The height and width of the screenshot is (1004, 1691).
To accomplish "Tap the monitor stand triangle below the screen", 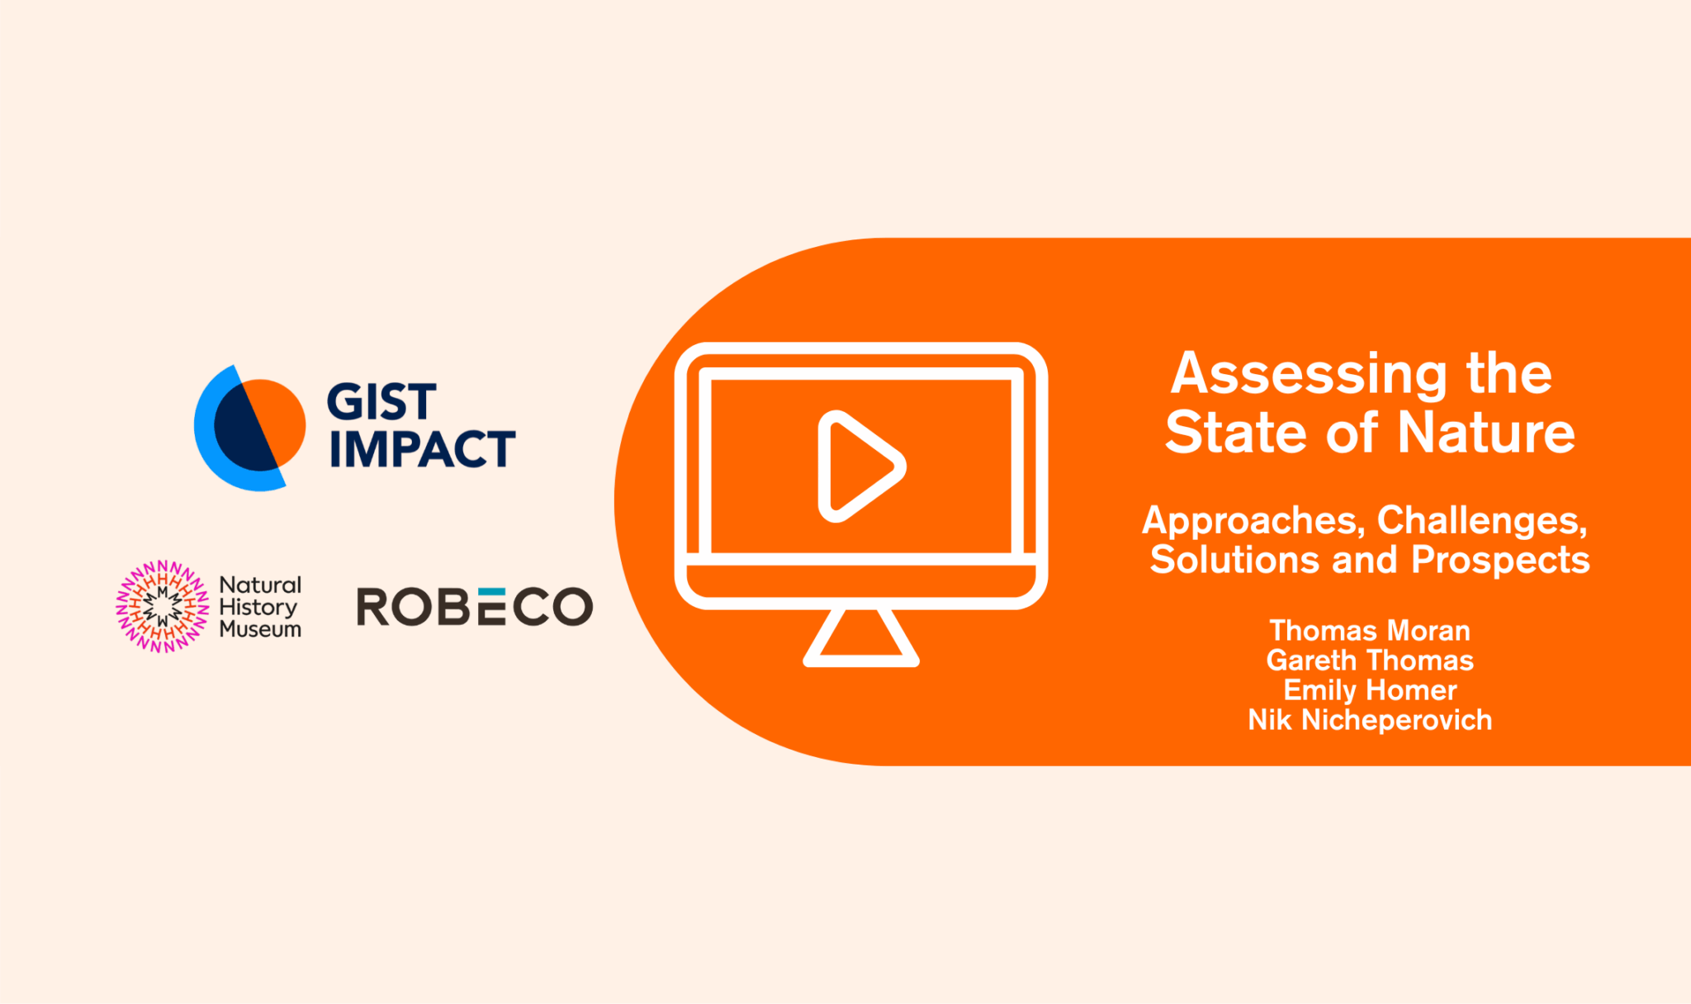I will (861, 637).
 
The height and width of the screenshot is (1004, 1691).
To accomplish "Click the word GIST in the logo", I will (381, 402).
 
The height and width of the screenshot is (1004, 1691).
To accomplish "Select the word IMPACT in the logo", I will (422, 449).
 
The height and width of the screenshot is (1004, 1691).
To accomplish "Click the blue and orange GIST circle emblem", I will (250, 428).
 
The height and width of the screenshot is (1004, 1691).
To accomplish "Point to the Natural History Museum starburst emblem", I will (162, 606).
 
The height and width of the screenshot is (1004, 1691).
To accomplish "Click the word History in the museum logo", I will (258, 607).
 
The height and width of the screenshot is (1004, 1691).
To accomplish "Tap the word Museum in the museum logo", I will (260, 629).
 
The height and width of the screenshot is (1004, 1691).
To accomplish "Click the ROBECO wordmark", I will (475, 607).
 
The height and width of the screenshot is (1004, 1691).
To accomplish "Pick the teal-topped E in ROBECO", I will (492, 607).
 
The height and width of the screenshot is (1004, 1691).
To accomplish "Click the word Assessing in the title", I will (1309, 373).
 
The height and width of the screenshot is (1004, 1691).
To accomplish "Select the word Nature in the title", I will (1486, 433).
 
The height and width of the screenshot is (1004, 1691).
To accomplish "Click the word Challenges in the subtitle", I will (1482, 521).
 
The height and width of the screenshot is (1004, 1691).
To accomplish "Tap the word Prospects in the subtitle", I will (1500, 560).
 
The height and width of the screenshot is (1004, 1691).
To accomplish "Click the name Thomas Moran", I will (1370, 631).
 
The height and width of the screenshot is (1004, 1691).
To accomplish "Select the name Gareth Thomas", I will (1370, 661).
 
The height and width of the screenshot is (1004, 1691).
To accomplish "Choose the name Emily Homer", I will (1370, 690).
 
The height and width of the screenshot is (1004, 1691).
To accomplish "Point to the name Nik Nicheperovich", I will (1370, 720).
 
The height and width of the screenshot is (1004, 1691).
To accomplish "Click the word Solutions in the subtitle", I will (1234, 560).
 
